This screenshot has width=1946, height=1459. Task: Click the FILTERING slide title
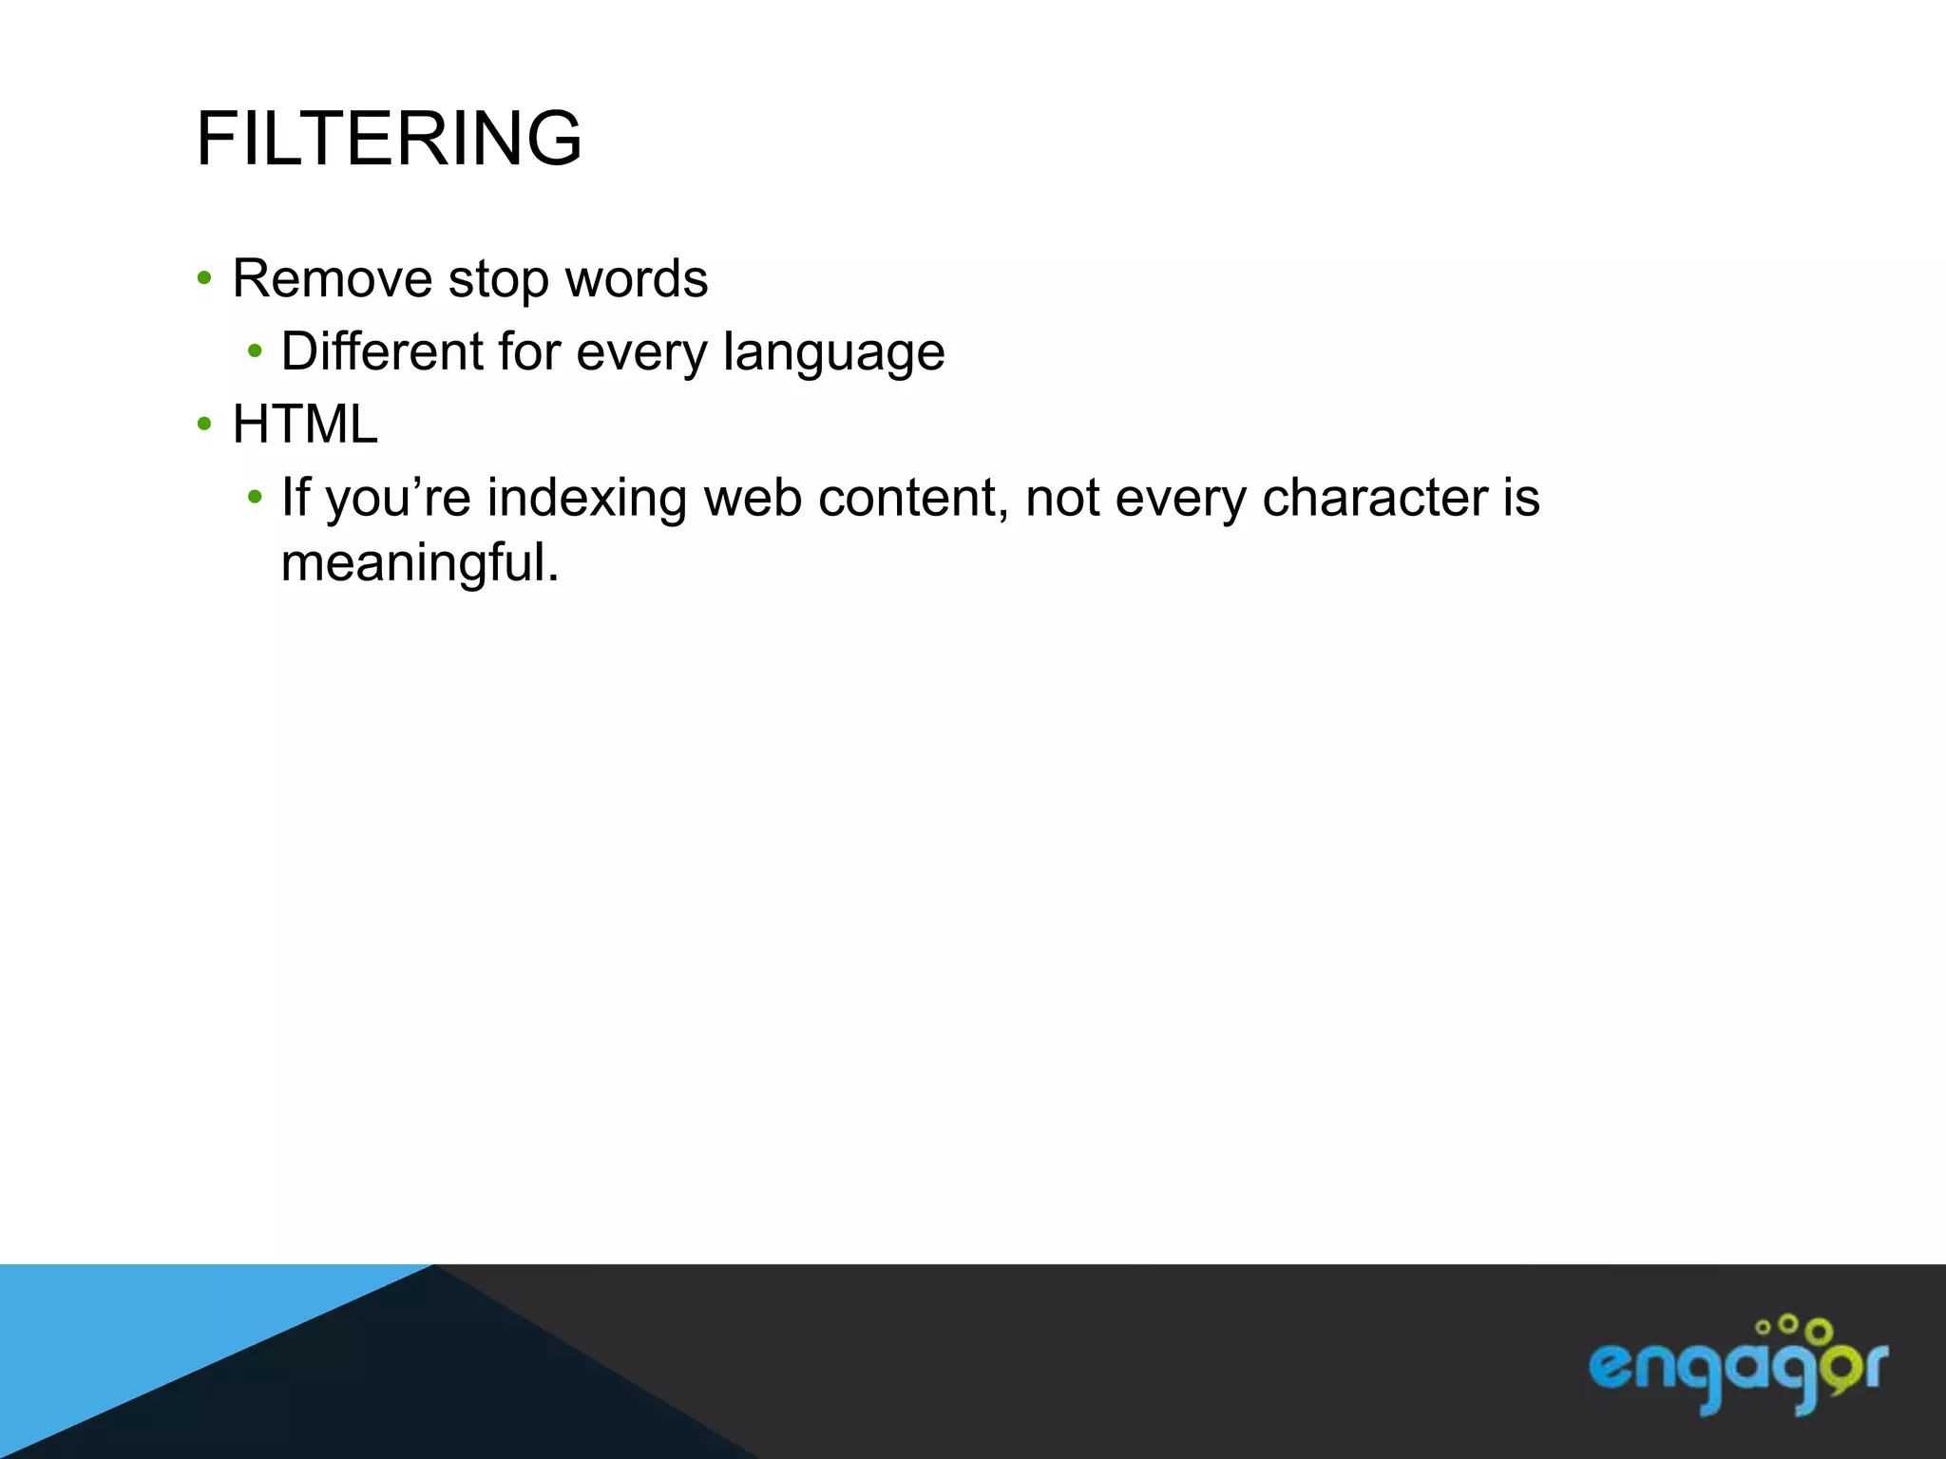(389, 139)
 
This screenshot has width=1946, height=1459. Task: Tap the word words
(636, 279)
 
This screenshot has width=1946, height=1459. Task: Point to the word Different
(381, 351)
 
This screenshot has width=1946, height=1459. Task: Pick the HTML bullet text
(305, 425)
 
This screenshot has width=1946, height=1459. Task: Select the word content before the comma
(907, 499)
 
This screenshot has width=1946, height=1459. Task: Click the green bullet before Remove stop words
(203, 279)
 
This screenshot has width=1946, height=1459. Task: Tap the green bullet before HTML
(203, 425)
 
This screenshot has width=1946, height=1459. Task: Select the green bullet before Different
(254, 352)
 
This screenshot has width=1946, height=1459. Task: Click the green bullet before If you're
(254, 497)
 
